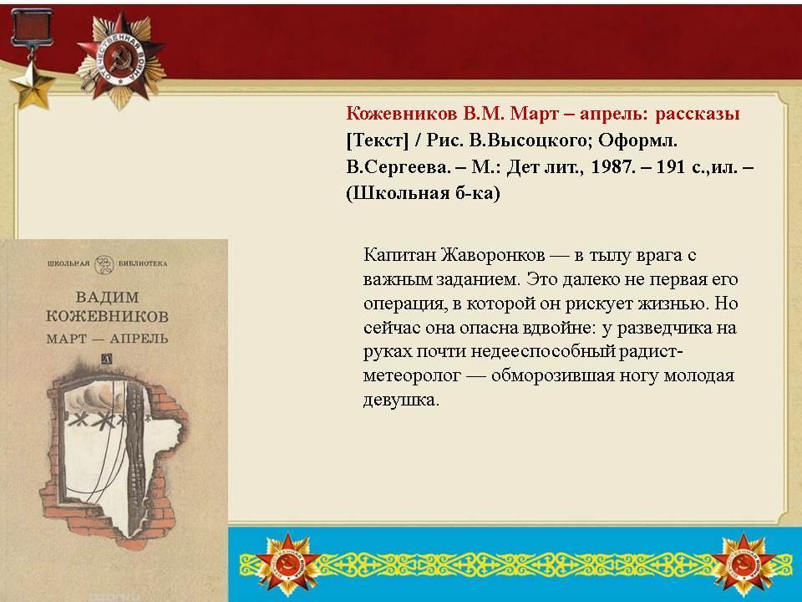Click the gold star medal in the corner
pyautogui.click(x=33, y=85)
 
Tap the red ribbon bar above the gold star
pyautogui.click(x=32, y=25)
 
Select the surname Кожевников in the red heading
pyautogui.click(x=402, y=113)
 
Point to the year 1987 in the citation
pyautogui.click(x=612, y=167)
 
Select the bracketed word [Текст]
pyautogui.click(x=378, y=140)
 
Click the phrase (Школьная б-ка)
pyautogui.click(x=423, y=193)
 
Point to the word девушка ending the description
pyautogui.click(x=401, y=400)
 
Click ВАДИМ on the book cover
pyautogui.click(x=108, y=297)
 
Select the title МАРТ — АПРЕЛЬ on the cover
pyautogui.click(x=107, y=339)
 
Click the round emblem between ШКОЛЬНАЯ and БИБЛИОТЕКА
pyautogui.click(x=104, y=264)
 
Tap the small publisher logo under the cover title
pyautogui.click(x=107, y=359)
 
